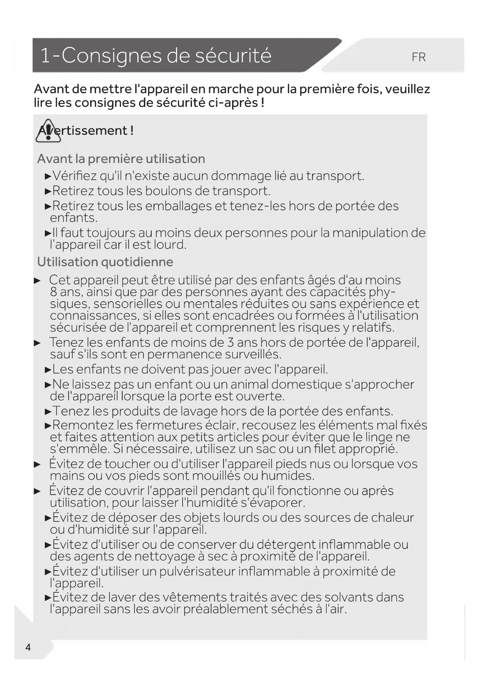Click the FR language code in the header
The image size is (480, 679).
419,57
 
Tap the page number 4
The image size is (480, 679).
28,647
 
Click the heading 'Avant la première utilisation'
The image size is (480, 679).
121,159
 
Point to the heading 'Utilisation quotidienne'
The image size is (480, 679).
105,262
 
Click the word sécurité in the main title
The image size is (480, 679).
233,55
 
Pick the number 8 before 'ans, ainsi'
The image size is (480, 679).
53,292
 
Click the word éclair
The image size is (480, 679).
220,425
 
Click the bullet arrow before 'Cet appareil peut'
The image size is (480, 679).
37,280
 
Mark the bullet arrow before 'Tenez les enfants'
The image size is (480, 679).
37,343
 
